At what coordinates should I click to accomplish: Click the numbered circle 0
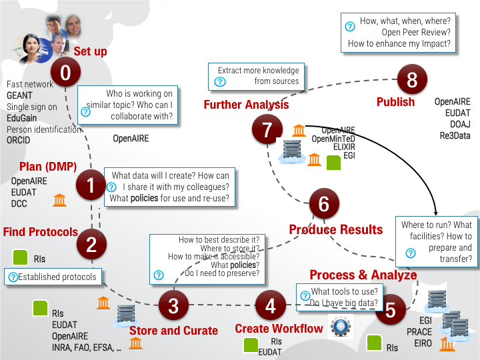[65, 74]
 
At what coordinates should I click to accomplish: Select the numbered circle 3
[173, 306]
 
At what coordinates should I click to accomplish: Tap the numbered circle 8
[412, 80]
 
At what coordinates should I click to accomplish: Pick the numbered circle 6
[324, 203]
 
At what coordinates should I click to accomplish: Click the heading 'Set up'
[90, 51]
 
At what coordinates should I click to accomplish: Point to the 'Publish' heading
[395, 102]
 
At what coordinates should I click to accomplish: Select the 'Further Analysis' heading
[246, 105]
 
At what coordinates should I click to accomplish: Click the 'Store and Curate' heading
[173, 330]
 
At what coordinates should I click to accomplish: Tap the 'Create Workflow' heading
[279, 328]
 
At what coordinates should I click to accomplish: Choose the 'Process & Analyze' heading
[363, 275]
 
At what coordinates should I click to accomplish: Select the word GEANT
[19, 95]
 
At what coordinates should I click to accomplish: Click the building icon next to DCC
[59, 200]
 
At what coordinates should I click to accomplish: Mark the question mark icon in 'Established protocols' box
[13, 277]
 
